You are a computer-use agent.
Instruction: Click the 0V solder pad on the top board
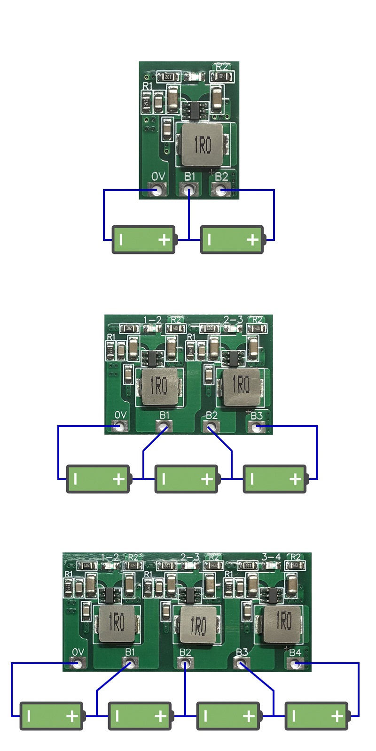click(157, 190)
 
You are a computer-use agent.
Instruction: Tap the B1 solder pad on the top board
click(189, 190)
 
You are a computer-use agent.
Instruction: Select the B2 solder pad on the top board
click(220, 190)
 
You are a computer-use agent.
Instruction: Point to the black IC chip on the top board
click(192, 110)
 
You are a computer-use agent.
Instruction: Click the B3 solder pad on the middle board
click(257, 427)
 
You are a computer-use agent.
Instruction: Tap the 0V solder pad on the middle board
click(121, 426)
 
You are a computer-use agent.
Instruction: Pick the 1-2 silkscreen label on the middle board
click(152, 320)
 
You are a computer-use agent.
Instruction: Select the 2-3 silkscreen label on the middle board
click(233, 320)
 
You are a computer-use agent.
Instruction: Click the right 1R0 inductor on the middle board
click(241, 386)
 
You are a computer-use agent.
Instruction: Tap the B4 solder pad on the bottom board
click(295, 664)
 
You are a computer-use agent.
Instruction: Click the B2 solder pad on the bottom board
click(185, 663)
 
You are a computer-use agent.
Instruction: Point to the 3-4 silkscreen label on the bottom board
click(271, 557)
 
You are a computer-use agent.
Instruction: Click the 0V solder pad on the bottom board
click(78, 663)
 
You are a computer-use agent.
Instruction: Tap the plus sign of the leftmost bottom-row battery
click(72, 716)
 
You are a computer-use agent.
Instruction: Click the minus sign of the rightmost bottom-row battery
click(294, 716)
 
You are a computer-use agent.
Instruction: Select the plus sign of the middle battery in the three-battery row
click(207, 479)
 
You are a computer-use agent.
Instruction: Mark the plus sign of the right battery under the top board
click(252, 240)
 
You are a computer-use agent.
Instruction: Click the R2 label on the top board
click(221, 67)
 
